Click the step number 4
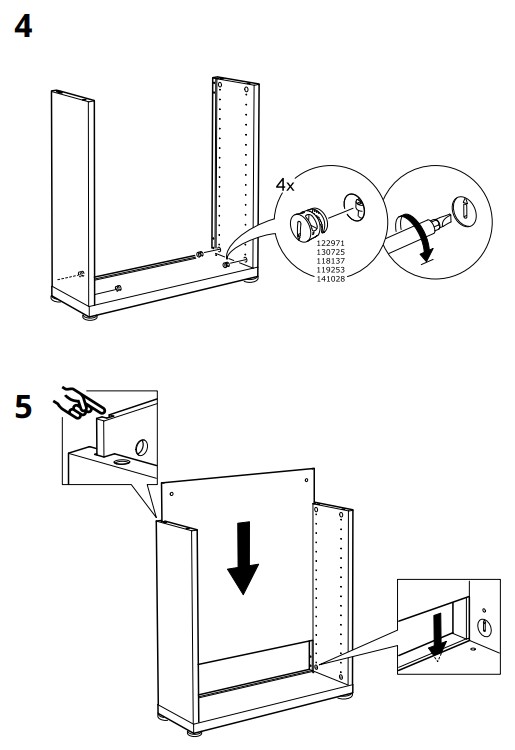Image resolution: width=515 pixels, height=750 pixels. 23,26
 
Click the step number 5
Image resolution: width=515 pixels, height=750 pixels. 23,407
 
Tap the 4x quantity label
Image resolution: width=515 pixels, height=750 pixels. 285,185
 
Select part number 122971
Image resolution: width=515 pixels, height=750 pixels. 330,243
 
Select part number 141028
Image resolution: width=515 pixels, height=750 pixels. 330,279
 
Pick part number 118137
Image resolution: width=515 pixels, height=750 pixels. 330,261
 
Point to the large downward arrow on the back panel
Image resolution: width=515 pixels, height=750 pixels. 243,558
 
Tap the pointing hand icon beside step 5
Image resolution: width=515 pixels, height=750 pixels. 79,403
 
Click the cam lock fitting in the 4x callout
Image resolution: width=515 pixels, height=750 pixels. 308,223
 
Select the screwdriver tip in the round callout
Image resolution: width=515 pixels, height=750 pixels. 442,223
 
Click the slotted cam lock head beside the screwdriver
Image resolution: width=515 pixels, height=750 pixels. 464,210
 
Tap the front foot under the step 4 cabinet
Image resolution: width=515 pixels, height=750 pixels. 90,317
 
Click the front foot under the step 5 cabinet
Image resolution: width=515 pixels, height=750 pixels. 195,732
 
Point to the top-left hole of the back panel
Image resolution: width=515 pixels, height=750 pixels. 172,494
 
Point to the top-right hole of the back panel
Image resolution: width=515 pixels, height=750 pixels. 307,480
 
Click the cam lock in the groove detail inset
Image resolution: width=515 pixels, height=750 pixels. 484,627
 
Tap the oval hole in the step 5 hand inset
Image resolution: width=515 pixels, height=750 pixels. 142,447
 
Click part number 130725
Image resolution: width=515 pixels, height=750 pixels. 330,252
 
